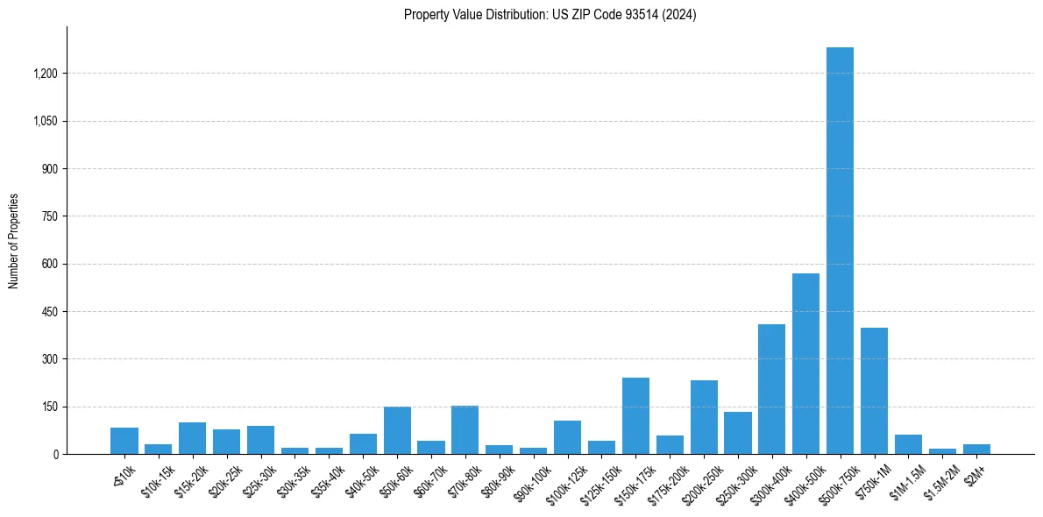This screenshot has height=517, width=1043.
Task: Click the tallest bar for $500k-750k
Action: pos(840,251)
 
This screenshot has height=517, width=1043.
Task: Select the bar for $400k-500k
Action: pos(805,364)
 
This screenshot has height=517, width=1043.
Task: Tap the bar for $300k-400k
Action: pos(771,389)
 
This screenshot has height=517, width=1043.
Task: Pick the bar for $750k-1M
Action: pos(874,391)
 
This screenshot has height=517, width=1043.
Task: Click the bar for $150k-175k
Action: pos(635,415)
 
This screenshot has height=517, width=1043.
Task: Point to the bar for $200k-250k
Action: pos(704,417)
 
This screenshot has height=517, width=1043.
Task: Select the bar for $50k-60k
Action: pos(397,430)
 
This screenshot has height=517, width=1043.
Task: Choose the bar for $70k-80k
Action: pos(465,429)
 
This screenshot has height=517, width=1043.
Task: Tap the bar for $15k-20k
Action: pos(192,438)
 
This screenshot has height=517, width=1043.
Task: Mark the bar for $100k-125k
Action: pos(567,437)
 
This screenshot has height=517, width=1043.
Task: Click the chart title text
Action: pos(550,15)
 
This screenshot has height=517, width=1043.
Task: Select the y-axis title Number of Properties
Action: pos(14,241)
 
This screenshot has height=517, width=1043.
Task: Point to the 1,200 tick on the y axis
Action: pos(45,74)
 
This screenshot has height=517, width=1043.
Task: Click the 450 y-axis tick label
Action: pos(50,312)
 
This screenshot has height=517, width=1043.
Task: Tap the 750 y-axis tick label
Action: pos(50,216)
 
